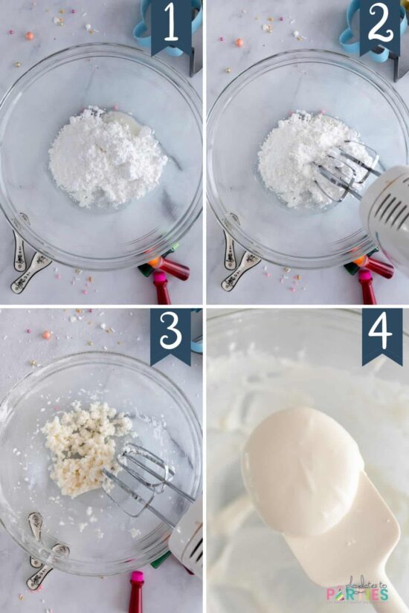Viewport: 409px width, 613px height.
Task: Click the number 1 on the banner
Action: (171, 25)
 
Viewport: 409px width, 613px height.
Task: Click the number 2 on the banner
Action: (379, 25)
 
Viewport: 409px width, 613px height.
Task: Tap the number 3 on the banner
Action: (171, 331)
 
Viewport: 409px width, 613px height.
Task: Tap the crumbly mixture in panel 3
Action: (83, 446)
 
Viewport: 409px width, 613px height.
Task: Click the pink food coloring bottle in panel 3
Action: (137, 591)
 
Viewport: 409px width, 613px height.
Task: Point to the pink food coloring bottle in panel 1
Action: (161, 288)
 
